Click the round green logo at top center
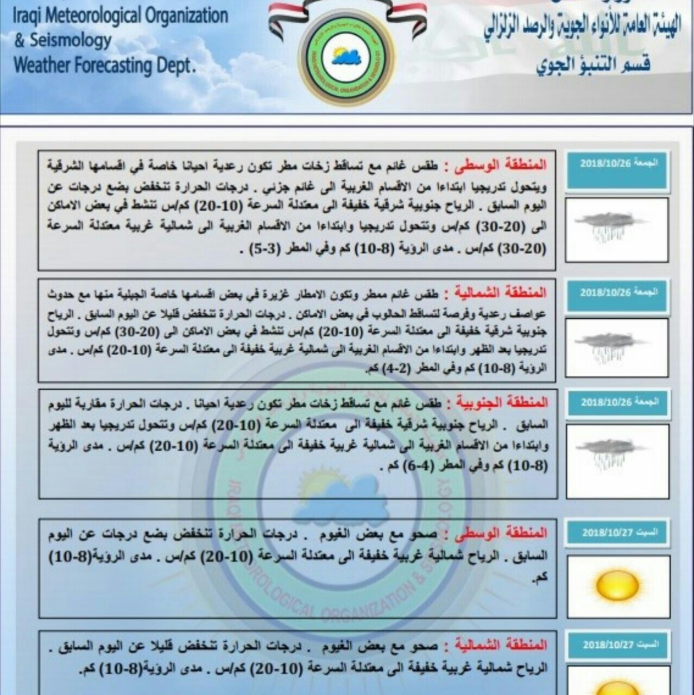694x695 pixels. click(x=346, y=58)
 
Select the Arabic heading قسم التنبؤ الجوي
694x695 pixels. click(x=593, y=65)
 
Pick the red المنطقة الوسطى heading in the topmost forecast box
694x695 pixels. click(x=498, y=165)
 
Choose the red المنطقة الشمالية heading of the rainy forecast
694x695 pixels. click(x=498, y=294)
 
